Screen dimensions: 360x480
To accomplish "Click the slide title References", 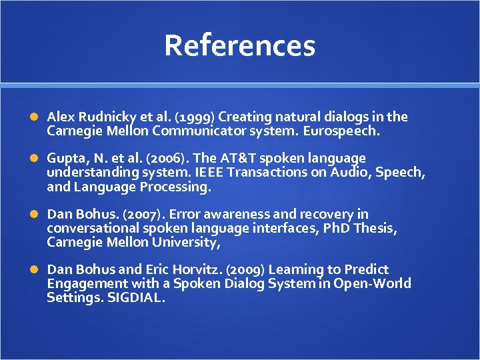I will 239,45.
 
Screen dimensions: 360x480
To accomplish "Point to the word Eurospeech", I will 341,131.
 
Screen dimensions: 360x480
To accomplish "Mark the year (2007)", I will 147,214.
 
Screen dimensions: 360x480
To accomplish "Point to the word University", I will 183,243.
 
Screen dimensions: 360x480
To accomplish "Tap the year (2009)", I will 246,269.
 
